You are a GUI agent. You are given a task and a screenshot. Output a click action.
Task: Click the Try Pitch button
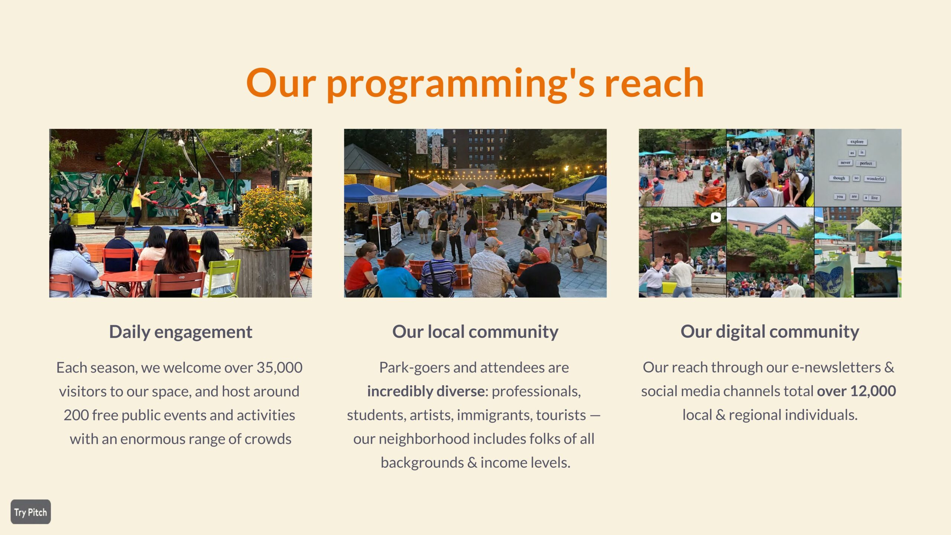coord(31,512)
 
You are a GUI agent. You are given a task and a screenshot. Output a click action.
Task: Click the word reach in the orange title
coord(654,84)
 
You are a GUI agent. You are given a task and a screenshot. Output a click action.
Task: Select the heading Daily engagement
coord(181,332)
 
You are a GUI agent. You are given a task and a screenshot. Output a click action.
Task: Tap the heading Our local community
coord(475,331)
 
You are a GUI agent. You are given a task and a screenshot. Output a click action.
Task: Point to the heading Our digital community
coord(770,331)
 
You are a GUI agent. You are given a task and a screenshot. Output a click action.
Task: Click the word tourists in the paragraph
coord(561,415)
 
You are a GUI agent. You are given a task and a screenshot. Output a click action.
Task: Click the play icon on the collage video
coord(716,217)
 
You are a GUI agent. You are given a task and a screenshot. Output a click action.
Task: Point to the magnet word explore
coord(857,142)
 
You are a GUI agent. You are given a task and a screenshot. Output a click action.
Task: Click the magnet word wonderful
coord(875,179)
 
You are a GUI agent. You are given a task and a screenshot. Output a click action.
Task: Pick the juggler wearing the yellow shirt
coord(137,205)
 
